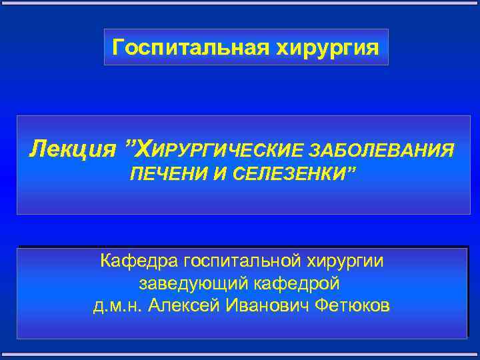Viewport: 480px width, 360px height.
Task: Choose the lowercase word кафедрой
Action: [298, 283]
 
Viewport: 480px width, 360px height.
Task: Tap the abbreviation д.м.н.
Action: [117, 306]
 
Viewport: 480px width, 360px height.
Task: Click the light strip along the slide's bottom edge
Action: [240, 357]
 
